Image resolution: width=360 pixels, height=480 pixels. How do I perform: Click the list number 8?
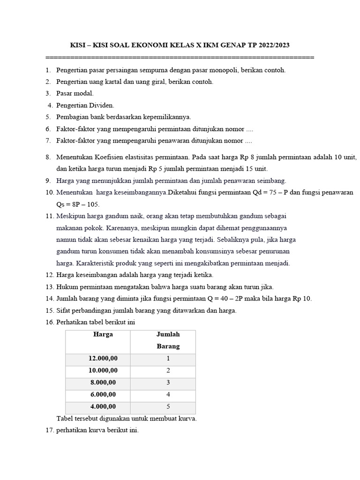pyautogui.click(x=48, y=157)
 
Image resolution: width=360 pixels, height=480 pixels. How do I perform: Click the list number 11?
pyautogui.click(x=50, y=216)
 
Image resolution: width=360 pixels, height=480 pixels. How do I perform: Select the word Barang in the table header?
pyautogui.click(x=168, y=347)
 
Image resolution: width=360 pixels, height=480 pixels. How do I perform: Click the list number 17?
pyautogui.click(x=50, y=430)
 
